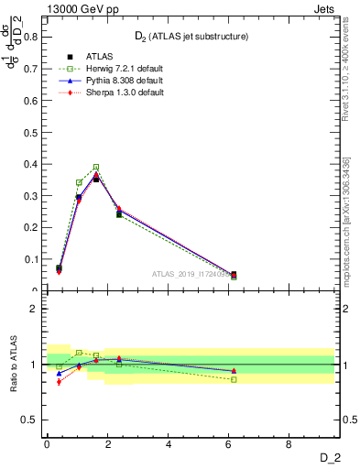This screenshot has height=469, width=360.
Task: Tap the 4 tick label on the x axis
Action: (x=169, y=445)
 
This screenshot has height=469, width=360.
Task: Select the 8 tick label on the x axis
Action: (x=289, y=445)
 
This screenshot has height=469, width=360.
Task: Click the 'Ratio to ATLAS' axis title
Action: (x=14, y=365)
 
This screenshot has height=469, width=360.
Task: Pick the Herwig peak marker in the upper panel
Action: (x=96, y=168)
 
